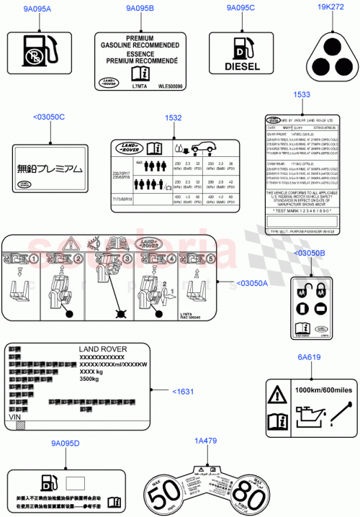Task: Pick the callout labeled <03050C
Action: pos(49,117)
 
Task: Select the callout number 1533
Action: pos(302,94)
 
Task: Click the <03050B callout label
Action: pos(309,253)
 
